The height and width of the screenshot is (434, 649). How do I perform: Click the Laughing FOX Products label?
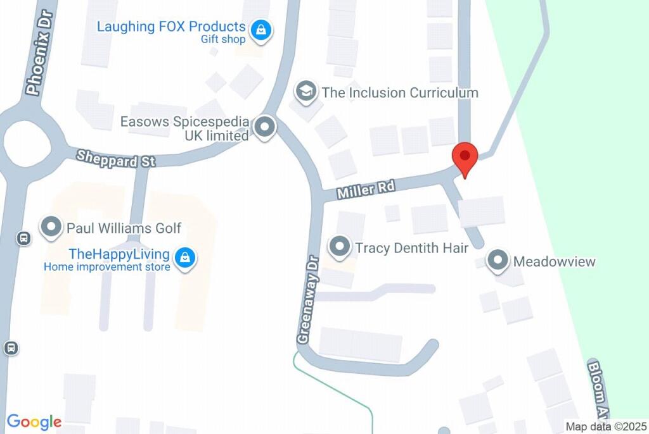click(170, 27)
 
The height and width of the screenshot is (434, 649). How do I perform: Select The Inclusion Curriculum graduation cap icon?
click(306, 92)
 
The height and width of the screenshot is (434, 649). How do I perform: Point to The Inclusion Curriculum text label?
click(399, 92)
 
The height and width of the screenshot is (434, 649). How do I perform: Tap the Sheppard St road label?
click(115, 158)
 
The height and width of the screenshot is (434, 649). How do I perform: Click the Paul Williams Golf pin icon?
click(51, 228)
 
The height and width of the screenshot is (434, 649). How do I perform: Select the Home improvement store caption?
click(106, 267)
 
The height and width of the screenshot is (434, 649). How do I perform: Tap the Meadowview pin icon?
click(498, 261)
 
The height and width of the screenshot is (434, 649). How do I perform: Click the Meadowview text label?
click(554, 261)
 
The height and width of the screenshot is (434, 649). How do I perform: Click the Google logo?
click(34, 422)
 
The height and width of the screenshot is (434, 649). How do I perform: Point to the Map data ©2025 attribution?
click(605, 427)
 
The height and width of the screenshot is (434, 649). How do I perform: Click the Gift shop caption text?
click(223, 39)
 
